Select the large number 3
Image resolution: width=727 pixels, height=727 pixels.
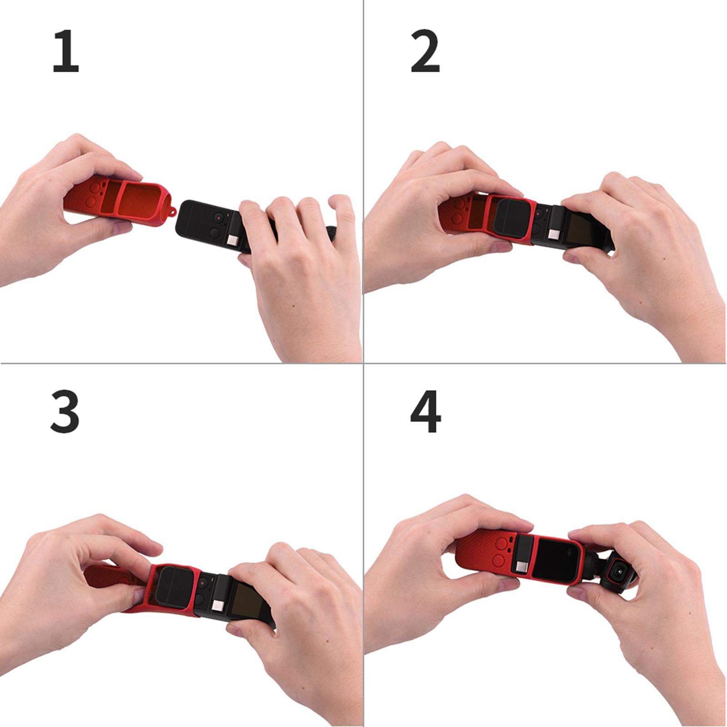pyautogui.click(x=65, y=412)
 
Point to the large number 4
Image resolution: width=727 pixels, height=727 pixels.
pyautogui.click(x=425, y=412)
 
